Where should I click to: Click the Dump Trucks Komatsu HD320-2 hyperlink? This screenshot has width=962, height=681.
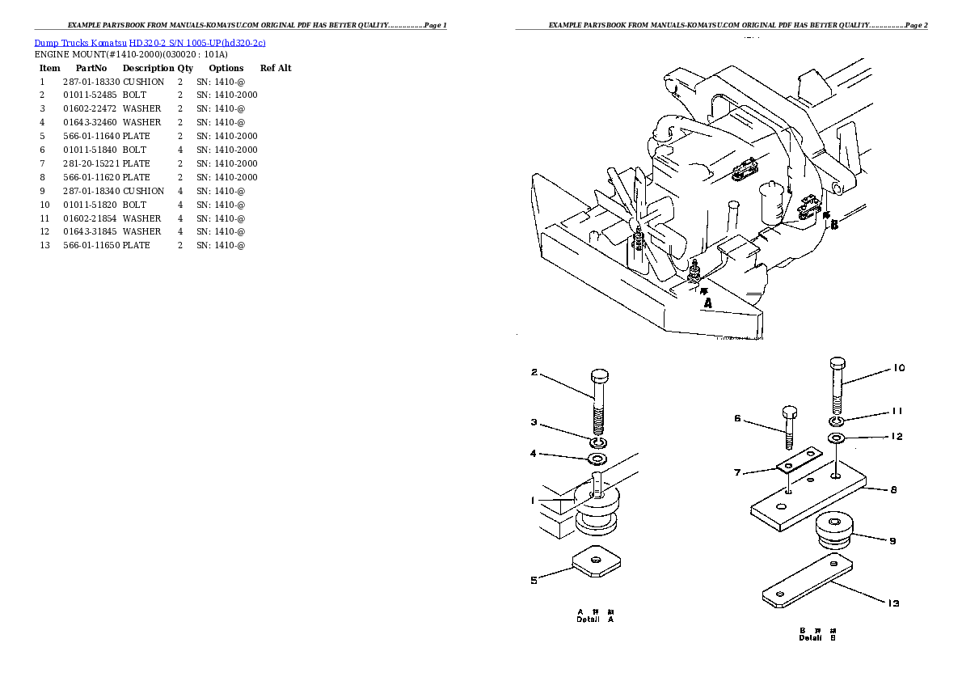point(150,42)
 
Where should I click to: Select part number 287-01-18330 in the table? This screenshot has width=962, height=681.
point(91,82)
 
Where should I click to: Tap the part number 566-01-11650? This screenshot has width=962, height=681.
point(91,245)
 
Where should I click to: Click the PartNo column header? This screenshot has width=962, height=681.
point(91,68)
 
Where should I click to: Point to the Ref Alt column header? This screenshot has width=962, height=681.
point(276,68)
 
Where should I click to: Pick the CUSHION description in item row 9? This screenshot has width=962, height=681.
point(143,191)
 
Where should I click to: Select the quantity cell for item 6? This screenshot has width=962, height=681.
point(180,150)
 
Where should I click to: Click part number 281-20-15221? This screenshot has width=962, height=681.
point(91,163)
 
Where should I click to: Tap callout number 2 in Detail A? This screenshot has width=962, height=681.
point(534,373)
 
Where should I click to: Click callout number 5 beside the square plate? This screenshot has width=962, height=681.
point(534,579)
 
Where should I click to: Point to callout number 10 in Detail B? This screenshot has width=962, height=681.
point(899,369)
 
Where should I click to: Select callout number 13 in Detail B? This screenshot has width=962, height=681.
point(893,603)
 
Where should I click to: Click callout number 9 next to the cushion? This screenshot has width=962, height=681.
point(892,541)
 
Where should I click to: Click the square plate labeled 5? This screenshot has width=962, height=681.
point(595,560)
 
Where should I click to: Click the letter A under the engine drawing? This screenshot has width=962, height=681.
point(707,303)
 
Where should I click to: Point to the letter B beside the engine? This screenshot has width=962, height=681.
point(834,224)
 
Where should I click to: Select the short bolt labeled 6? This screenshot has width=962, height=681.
point(790,425)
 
